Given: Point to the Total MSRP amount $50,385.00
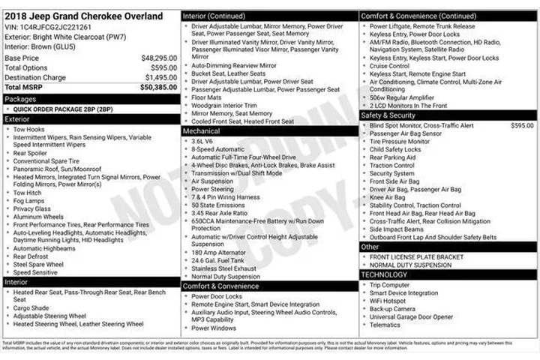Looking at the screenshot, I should pyautogui.click(x=157, y=87).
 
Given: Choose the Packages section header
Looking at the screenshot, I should pyautogui.click(x=20, y=99).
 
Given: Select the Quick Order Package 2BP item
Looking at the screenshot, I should pyautogui.click(x=63, y=109).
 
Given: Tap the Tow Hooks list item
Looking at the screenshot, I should pyautogui.click(x=29, y=129).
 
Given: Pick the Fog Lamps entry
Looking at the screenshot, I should pyautogui.click(x=30, y=201).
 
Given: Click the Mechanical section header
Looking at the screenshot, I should pyautogui.click(x=202, y=130).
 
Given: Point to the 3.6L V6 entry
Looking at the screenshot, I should pyautogui.click(x=203, y=140).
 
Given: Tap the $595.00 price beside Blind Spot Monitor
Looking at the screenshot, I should pyautogui.click(x=522, y=125).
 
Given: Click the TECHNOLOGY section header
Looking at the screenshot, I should pyautogui.click(x=386, y=274).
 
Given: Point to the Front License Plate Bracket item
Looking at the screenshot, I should pyautogui.click(x=416, y=257).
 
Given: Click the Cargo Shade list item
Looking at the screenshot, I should pyautogui.click(x=31, y=307).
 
